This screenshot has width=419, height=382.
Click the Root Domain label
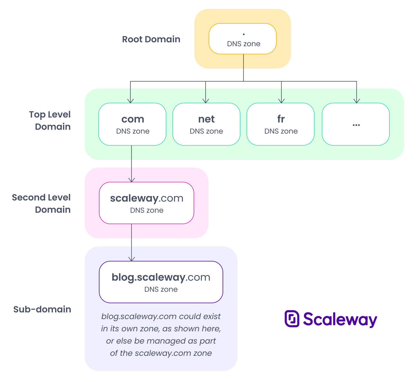(x=151, y=39)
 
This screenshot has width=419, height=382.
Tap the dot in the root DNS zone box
(x=244, y=34)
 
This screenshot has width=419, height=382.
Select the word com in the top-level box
(x=133, y=119)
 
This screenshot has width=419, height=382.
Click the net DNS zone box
(x=206, y=124)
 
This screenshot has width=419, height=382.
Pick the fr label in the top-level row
(x=281, y=119)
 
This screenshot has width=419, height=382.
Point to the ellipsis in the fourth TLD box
(x=356, y=125)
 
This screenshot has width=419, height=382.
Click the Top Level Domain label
(x=50, y=121)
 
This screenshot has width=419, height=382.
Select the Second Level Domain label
(x=42, y=204)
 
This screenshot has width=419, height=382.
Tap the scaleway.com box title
(x=147, y=198)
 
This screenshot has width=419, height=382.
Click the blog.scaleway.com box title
(x=161, y=277)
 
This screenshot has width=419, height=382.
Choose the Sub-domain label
(x=42, y=309)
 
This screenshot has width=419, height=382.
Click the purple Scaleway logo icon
(x=292, y=319)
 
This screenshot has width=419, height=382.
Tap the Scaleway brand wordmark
(x=340, y=319)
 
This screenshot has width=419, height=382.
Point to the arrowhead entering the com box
(x=130, y=101)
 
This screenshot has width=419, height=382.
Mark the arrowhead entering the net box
(x=206, y=101)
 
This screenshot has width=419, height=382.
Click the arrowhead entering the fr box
(x=281, y=101)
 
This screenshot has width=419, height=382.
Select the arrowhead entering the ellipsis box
(x=357, y=101)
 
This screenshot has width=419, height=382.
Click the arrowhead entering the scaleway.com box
(x=131, y=180)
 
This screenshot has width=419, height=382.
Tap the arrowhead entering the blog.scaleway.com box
(x=131, y=259)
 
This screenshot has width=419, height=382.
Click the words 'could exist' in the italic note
(x=199, y=317)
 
